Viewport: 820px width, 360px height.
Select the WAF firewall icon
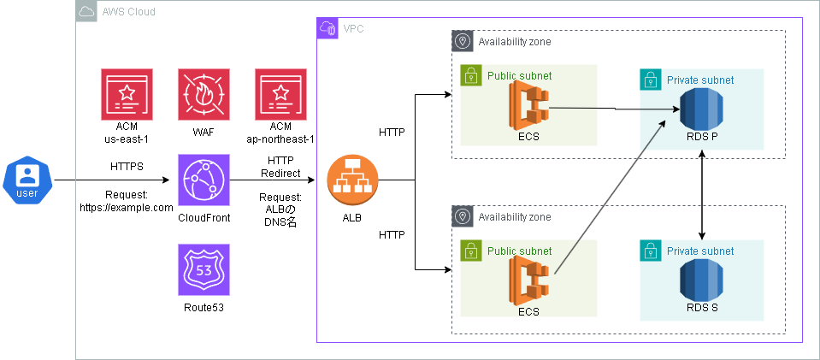204,94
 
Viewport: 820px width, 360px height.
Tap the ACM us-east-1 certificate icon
127,94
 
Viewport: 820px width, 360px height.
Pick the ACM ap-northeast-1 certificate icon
280,94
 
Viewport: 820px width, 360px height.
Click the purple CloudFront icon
204,180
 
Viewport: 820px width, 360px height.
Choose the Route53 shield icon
204,270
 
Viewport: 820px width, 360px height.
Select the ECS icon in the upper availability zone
528,105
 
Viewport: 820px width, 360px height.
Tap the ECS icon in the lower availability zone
528,280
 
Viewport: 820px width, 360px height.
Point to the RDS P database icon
701,109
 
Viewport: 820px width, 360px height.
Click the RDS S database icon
701,280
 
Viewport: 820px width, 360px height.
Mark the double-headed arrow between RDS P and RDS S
701,195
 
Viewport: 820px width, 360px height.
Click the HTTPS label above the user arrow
127,167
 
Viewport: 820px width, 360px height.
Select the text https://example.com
127,207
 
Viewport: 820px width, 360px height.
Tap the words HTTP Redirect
280,167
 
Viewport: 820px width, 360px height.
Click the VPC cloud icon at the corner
327,28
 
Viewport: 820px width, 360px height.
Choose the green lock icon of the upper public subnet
471,75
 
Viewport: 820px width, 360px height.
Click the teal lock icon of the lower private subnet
651,251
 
